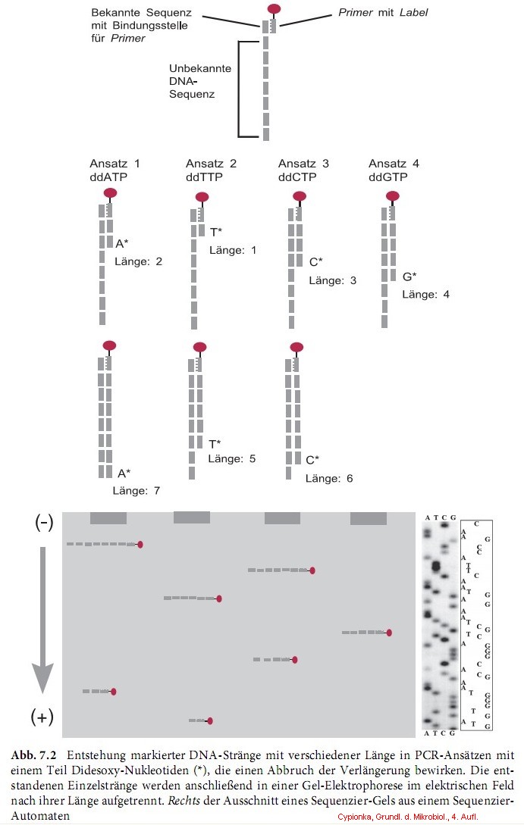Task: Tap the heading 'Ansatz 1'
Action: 115,164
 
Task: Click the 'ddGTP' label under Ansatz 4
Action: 389,177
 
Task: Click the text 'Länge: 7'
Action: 136,490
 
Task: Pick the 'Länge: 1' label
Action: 233,250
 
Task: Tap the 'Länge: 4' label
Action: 425,294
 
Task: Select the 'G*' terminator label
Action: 409,277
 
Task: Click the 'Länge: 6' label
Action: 329,478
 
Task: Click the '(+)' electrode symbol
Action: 42,716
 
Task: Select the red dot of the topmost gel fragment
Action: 140,544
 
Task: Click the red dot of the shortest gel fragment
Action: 209,721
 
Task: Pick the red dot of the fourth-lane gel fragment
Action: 389,633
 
